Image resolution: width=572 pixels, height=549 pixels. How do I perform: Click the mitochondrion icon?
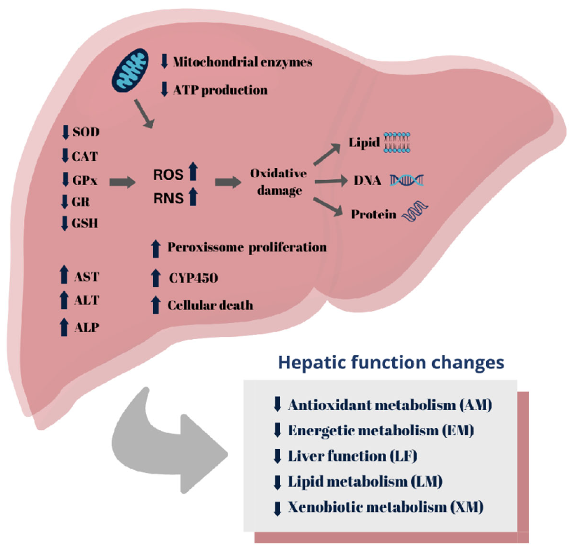pyautogui.click(x=130, y=70)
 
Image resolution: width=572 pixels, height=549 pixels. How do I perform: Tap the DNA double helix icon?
pyautogui.click(x=407, y=180)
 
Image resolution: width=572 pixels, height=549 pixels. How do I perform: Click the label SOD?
pyautogui.click(x=86, y=132)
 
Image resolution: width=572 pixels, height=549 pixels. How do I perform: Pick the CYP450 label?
pyautogui.click(x=193, y=278)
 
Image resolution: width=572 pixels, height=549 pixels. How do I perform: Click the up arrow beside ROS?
pyautogui.click(x=193, y=172)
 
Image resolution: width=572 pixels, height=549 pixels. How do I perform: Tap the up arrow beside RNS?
pyautogui.click(x=193, y=197)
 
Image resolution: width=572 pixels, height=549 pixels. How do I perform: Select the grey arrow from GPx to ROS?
pyautogui.click(x=122, y=182)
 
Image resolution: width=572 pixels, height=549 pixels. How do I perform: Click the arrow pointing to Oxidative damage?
pyautogui.click(x=228, y=182)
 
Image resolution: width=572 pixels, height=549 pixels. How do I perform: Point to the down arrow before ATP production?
pyautogui.click(x=164, y=90)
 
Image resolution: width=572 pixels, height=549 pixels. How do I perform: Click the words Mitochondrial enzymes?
pyautogui.click(x=243, y=62)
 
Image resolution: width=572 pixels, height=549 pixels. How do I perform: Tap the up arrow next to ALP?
pyautogui.click(x=64, y=327)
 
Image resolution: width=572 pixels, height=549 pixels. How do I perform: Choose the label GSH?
pyautogui.click(x=85, y=223)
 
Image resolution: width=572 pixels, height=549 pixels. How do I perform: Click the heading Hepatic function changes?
pyautogui.click(x=391, y=362)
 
